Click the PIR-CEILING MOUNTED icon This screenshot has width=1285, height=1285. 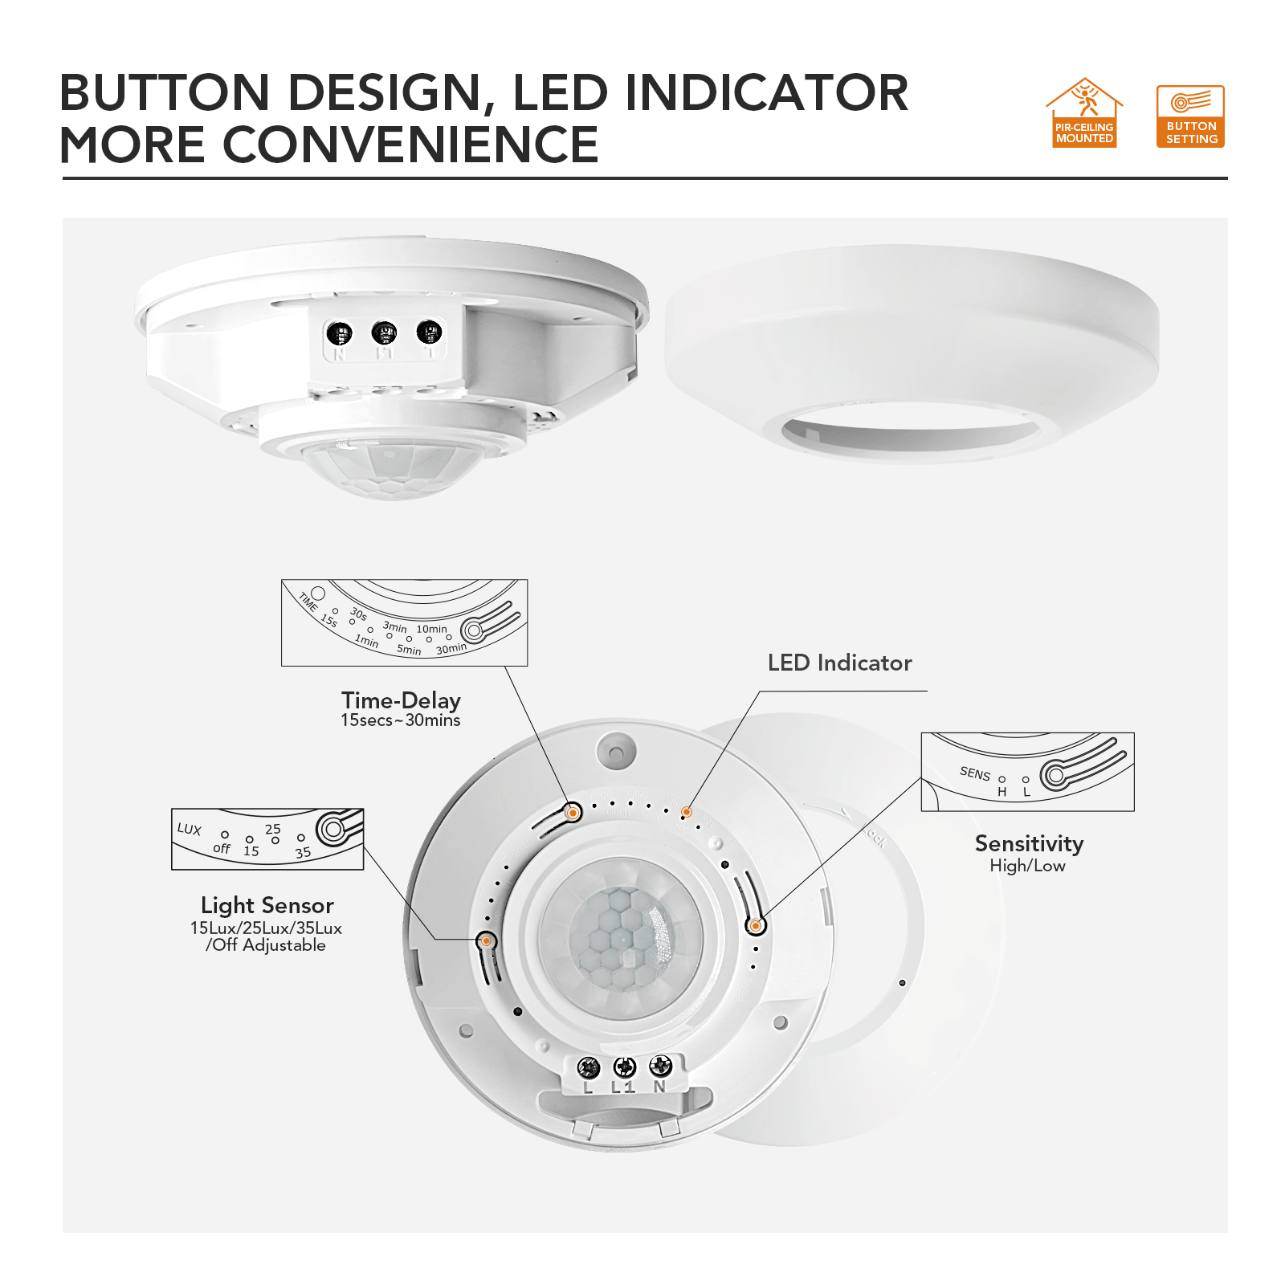click(x=1084, y=113)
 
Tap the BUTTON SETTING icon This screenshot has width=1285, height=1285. click(x=1190, y=116)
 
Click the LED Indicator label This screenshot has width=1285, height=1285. click(x=839, y=663)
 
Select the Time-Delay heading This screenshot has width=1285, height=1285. click(x=401, y=700)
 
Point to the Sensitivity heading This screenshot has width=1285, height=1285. click(x=1029, y=843)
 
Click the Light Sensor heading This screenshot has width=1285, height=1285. click(x=267, y=905)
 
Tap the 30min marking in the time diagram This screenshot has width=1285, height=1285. click(x=451, y=648)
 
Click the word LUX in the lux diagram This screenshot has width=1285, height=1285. click(x=190, y=829)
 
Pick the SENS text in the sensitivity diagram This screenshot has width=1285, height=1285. click(x=975, y=773)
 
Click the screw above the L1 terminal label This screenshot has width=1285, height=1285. click(x=624, y=1067)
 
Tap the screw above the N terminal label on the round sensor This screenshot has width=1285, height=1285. click(x=660, y=1066)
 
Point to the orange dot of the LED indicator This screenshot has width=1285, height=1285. click(x=686, y=812)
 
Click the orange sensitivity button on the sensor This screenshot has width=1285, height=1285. click(x=755, y=926)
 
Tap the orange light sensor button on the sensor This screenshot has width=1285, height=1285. click(x=486, y=940)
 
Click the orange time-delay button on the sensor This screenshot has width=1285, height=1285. click(x=573, y=813)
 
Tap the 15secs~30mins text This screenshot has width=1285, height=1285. click(x=400, y=720)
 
